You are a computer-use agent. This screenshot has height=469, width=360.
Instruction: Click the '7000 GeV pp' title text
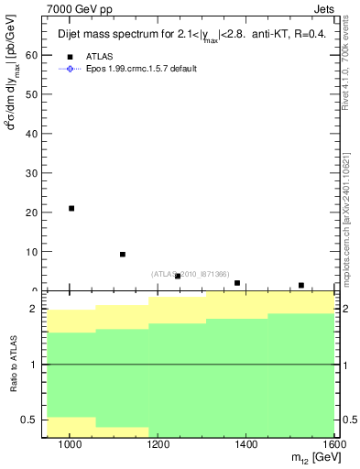click(71, 7)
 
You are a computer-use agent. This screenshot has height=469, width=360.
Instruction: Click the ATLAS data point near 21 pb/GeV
click(71, 208)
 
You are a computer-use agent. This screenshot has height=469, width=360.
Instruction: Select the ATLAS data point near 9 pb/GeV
click(123, 254)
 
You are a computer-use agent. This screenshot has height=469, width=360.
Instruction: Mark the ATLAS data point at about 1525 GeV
click(301, 285)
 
